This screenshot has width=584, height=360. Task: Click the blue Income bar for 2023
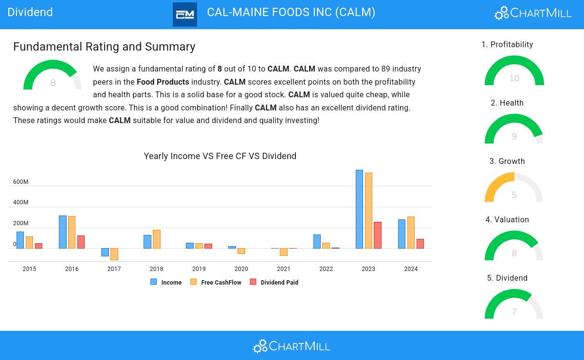click(359, 209)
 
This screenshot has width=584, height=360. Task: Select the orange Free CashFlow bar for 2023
click(368, 211)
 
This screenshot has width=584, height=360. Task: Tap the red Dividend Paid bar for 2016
click(81, 242)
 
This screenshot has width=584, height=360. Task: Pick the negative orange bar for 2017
click(114, 254)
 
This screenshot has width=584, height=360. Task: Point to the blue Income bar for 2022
click(317, 242)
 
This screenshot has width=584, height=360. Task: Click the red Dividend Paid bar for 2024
click(420, 244)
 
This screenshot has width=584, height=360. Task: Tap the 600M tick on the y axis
click(20, 182)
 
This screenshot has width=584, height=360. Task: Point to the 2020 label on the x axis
click(241, 269)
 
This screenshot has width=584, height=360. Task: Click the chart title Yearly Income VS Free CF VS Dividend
click(220, 156)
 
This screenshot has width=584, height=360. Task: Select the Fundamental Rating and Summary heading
click(104, 47)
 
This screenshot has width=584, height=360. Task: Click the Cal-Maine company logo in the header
click(185, 15)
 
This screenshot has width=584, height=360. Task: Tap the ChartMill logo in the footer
click(292, 346)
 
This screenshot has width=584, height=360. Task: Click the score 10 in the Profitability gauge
click(514, 78)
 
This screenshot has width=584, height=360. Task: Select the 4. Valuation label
click(507, 220)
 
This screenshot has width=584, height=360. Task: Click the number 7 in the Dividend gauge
click(514, 312)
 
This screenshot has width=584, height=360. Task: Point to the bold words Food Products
click(163, 82)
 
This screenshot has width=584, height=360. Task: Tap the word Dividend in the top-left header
click(30, 12)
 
